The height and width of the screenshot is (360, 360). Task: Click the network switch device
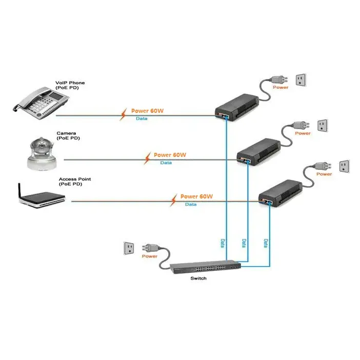pos(205,267)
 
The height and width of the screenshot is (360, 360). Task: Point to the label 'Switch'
pos(198,278)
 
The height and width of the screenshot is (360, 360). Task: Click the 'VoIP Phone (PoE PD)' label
pos(70,85)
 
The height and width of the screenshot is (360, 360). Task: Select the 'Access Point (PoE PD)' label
pos(74,181)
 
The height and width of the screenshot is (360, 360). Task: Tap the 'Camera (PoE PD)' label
pos(68,135)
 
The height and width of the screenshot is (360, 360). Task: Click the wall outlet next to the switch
pos(128,249)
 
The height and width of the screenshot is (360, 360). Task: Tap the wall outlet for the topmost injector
pos(300,79)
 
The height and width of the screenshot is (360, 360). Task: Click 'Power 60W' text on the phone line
pos(147,111)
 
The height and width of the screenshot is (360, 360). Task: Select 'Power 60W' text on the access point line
pos(196,196)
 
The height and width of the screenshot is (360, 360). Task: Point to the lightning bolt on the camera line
pos(147,156)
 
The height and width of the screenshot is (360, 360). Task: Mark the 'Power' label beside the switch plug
pos(149,256)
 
